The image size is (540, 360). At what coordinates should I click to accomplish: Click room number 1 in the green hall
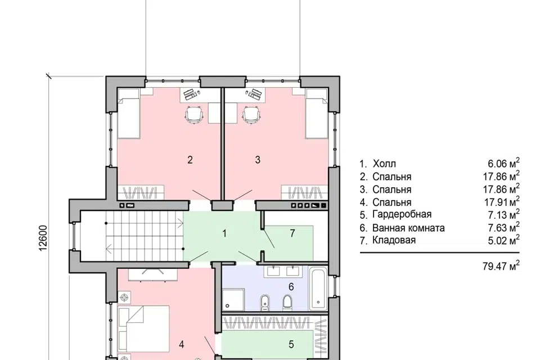click(224, 233)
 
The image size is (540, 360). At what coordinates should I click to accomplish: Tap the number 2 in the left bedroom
click(190, 160)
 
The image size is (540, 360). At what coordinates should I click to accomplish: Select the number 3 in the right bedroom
click(258, 160)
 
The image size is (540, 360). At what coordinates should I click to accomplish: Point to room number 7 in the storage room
click(292, 233)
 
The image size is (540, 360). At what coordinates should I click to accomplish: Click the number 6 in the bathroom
click(291, 287)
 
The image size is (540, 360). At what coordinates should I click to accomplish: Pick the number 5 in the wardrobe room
click(291, 344)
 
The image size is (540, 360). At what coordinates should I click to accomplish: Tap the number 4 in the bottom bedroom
click(182, 344)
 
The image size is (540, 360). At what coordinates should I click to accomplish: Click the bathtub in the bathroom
click(318, 289)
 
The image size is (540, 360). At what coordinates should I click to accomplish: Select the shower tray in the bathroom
click(233, 300)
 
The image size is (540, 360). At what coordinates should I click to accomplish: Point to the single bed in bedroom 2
click(128, 114)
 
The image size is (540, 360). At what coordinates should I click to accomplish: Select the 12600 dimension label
click(43, 238)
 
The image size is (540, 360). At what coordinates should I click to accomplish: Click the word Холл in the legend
click(384, 164)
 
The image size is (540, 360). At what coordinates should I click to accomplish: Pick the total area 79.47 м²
click(501, 265)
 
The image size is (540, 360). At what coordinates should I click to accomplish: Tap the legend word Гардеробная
click(402, 214)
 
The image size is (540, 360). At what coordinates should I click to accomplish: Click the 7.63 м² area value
click(503, 227)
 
